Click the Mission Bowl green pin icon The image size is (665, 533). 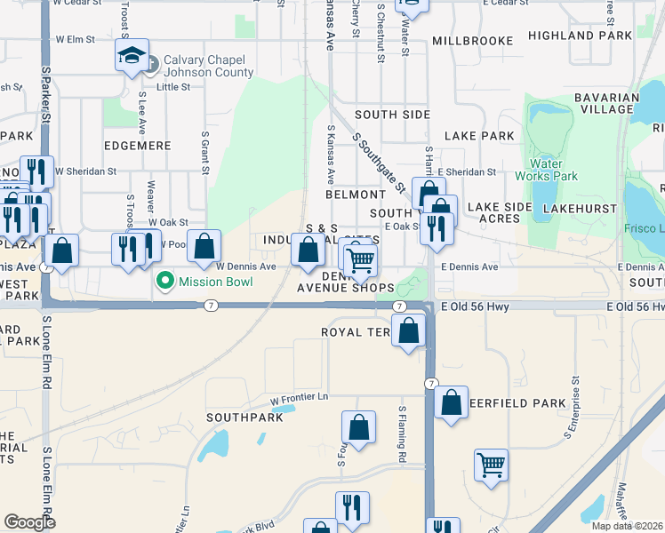[164, 282]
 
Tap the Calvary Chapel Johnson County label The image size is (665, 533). [207, 67]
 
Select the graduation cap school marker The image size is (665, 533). [131, 58]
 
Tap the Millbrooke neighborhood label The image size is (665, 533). [472, 41]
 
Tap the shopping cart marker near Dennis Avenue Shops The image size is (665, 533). [360, 260]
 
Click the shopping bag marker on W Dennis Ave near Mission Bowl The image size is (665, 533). [204, 245]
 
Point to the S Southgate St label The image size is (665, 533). [379, 162]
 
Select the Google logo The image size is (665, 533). [29, 522]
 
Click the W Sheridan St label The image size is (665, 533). [85, 171]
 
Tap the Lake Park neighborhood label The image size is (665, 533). [479, 136]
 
